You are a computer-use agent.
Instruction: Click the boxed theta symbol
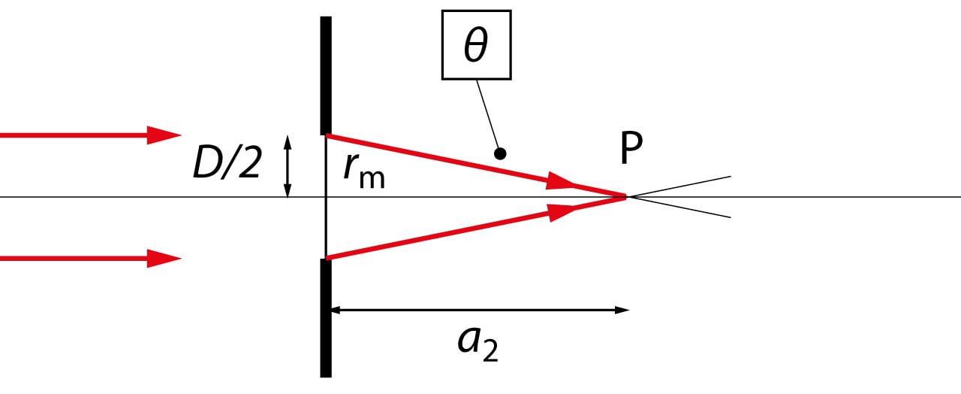pos(475,46)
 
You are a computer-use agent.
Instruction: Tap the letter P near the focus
pos(631,150)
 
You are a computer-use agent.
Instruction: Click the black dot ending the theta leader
pos(500,153)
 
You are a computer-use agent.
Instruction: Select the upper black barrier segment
pos(326,75)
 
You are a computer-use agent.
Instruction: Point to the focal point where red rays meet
pos(625,197)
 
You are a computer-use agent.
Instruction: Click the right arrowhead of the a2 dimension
pos(622,310)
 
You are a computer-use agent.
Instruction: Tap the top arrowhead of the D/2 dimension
pos(287,141)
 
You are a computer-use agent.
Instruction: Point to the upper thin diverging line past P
pos(683,185)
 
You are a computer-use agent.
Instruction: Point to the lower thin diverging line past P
pos(683,208)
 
